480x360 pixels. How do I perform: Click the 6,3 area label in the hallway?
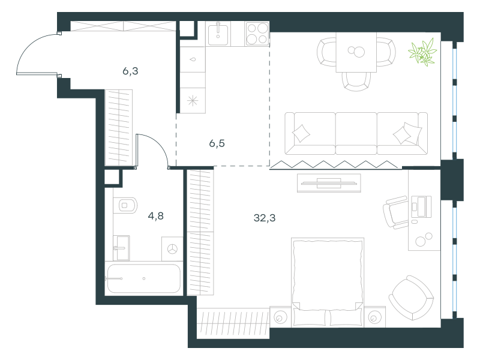point(130,71)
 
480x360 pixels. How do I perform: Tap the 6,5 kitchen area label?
point(217,143)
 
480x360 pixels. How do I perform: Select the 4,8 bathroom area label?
point(156,216)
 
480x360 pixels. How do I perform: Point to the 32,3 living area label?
point(265,218)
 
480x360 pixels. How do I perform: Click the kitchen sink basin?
point(218,34)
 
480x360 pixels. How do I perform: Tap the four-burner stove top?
point(257,34)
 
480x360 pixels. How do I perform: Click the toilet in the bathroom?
point(125,205)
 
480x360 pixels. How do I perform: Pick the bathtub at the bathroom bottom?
point(143,278)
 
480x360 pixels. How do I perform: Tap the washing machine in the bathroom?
point(172,249)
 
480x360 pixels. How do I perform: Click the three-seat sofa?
point(356,133)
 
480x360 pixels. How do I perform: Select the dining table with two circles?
point(356,52)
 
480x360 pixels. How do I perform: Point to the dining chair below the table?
point(356,81)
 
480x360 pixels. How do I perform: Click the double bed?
point(328,282)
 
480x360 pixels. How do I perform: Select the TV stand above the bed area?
point(329,183)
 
